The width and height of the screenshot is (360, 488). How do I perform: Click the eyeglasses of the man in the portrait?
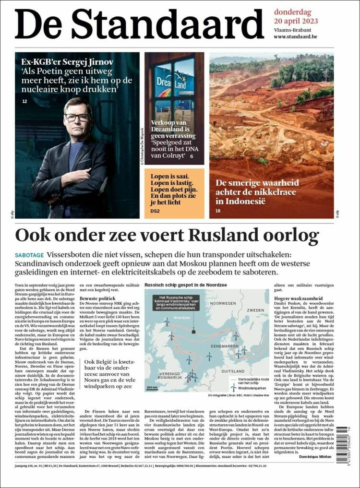[77, 118]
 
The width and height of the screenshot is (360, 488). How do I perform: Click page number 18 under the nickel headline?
[218, 211]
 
